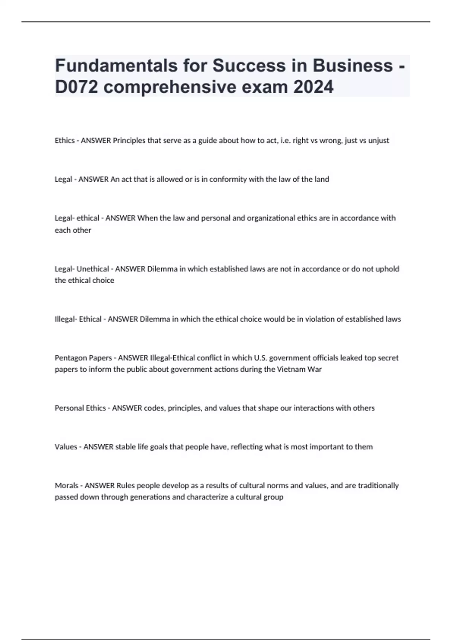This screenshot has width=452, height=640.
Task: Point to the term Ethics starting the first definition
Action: (x=65, y=140)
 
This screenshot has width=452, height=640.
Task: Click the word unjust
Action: (x=379, y=140)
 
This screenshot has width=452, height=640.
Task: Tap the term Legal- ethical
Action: (x=77, y=218)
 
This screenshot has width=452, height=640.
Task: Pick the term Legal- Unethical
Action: (x=82, y=269)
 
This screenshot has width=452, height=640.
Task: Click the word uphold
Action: (x=388, y=269)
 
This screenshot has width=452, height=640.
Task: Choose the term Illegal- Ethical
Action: (x=78, y=319)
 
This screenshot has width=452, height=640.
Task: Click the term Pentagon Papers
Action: (x=83, y=358)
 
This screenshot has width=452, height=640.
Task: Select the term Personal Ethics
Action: (x=80, y=408)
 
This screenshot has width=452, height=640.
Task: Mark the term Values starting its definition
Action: (x=66, y=447)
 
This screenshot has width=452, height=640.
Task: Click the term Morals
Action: (x=67, y=486)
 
